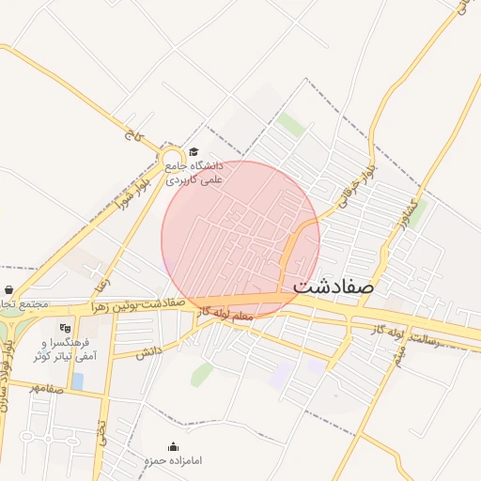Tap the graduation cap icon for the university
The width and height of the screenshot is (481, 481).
194,152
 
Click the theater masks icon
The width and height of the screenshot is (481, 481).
64,329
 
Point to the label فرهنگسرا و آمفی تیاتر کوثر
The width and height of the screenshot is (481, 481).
57,350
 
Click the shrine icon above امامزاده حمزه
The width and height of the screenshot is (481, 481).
172,447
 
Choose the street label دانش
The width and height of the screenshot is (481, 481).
147,352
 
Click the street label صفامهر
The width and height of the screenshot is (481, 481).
45,387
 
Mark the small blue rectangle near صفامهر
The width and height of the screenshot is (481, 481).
77,380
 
